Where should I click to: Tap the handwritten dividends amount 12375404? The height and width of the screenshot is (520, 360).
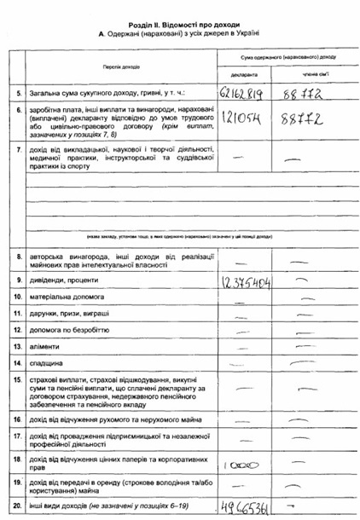pyautogui.click(x=246, y=280)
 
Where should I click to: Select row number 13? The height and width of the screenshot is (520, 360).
pyautogui.click(x=18, y=346)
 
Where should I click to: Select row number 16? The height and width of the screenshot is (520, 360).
pyautogui.click(x=18, y=420)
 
